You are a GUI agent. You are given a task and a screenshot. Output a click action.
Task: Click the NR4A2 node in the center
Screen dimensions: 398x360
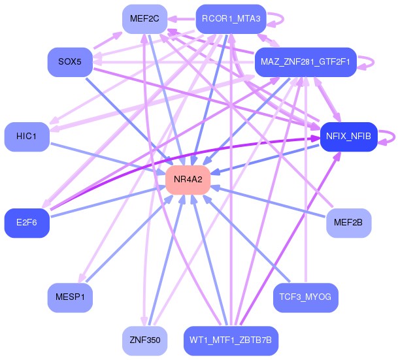pos(188,180)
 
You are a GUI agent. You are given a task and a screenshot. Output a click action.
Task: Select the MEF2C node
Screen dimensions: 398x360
pos(144,19)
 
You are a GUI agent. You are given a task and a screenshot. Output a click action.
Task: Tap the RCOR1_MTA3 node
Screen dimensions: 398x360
pos(231,19)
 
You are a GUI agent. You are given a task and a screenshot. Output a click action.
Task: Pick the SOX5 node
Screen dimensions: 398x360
pos(70,62)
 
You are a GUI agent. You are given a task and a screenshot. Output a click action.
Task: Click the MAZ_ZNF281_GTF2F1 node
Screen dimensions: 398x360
pos(306,62)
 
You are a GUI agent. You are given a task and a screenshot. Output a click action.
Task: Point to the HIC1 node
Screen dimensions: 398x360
pos(27,137)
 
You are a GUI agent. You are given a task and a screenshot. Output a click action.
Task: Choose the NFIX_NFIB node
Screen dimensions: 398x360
pos(349,137)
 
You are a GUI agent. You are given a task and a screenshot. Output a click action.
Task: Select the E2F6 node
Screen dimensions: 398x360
pos(27,223)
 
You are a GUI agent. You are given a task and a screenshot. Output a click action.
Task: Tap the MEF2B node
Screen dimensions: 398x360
pos(349,223)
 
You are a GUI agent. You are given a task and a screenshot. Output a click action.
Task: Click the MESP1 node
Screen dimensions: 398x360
pos(70,297)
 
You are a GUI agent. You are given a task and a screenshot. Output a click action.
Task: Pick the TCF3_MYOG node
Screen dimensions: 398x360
pos(306,297)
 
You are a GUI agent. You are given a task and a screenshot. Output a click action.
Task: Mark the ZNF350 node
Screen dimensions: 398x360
pos(144,340)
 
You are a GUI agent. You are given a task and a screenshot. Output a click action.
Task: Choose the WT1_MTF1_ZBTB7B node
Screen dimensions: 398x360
pos(231,340)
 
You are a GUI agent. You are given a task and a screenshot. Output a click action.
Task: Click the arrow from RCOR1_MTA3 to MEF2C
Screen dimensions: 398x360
pos(181,19)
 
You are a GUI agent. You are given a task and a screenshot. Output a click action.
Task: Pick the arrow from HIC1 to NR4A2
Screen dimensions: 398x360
pos(108,159)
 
